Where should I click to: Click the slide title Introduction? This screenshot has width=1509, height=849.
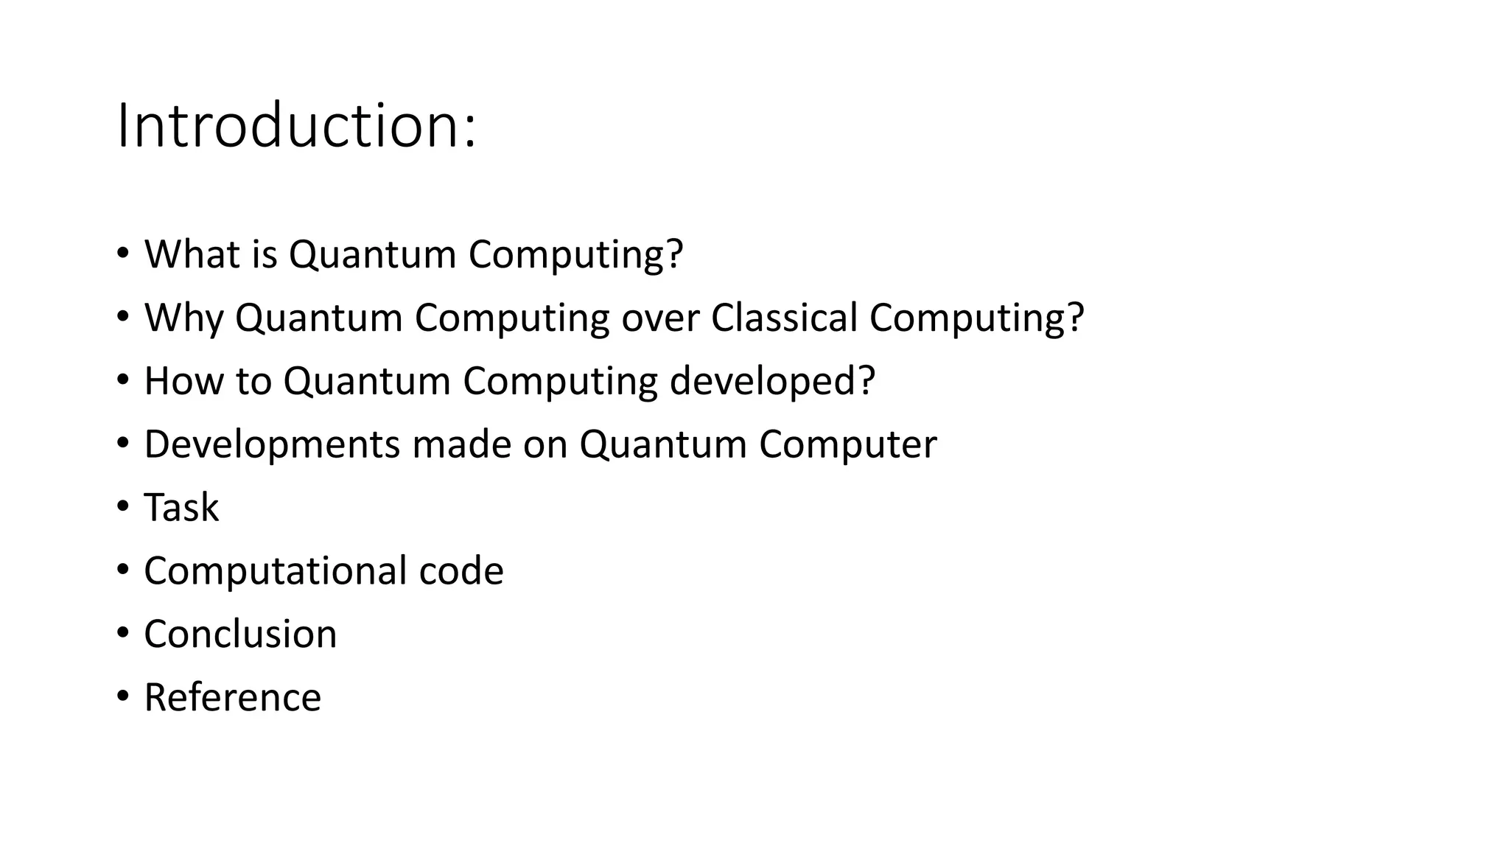coord(296,127)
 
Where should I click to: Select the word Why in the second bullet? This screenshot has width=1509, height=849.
coord(183,318)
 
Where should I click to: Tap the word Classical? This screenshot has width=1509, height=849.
coord(784,318)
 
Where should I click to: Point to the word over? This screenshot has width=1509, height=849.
coord(660,318)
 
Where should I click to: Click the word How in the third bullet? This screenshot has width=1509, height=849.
coord(183,381)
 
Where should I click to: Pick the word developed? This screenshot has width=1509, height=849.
coord(772,381)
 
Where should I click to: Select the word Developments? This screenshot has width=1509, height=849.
coord(272,444)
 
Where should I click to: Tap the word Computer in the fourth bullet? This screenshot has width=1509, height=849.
coord(847,444)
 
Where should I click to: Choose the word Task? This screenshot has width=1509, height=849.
coord(181,508)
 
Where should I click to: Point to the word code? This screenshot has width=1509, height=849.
coord(461,571)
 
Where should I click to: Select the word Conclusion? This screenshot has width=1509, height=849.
coord(240,635)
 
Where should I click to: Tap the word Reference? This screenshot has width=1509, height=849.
coord(232,698)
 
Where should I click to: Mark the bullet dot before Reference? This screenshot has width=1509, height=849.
coord(122,696)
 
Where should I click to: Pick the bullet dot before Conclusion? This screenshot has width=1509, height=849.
coord(122,633)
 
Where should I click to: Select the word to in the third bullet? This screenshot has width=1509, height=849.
coord(253,381)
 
